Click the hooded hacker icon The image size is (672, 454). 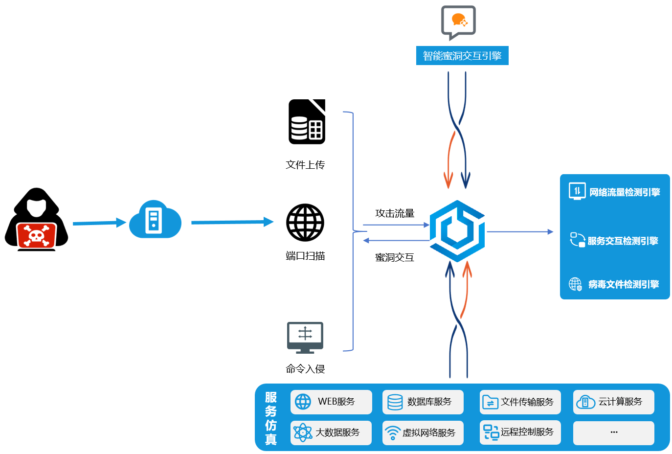[36, 220]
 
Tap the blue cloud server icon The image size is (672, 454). [155, 220]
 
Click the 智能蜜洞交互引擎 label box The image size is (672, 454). [462, 56]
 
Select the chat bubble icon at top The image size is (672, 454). [458, 22]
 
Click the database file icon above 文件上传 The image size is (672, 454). [307, 122]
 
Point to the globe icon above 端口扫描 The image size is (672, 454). [305, 223]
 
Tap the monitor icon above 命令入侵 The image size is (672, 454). [305, 337]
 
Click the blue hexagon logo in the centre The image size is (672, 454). [457, 231]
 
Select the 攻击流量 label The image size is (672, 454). [395, 213]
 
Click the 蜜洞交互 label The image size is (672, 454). [395, 257]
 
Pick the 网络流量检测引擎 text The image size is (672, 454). [625, 192]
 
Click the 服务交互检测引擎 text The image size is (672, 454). [623, 241]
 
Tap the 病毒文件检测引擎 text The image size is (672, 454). [624, 284]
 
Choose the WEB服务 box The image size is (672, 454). [331, 402]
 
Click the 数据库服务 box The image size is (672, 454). [423, 402]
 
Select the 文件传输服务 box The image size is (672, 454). [520, 402]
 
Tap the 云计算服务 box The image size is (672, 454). [613, 402]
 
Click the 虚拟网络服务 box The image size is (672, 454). [423, 432]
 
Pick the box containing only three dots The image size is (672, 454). [613, 432]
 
